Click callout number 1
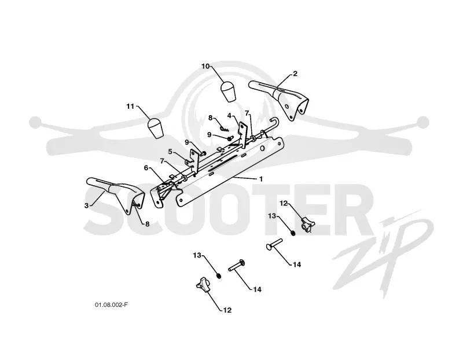(x=261, y=179)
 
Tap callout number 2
(x=295, y=74)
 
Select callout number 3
(x=86, y=205)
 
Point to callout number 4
(x=229, y=116)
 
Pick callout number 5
(x=170, y=152)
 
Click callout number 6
(x=146, y=168)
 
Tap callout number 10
(x=205, y=66)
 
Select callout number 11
(x=130, y=106)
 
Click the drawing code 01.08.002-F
(x=111, y=305)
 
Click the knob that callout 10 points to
(x=229, y=91)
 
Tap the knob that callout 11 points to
(x=156, y=128)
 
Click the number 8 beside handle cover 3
(x=147, y=224)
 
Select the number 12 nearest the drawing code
(x=227, y=310)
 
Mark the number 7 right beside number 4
(x=247, y=113)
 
